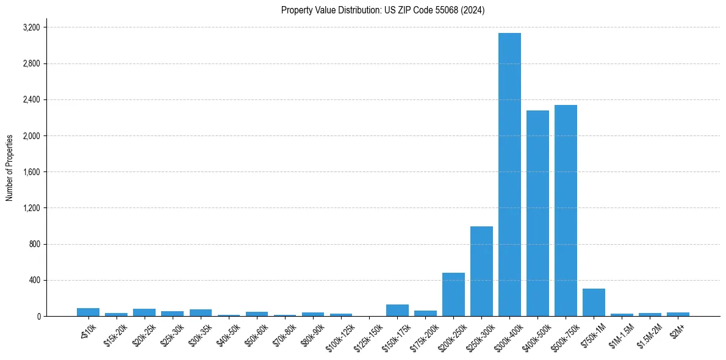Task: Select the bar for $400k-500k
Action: coord(537,213)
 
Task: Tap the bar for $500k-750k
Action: coord(566,211)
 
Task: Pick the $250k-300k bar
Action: coord(481,271)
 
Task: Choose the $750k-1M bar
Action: coord(594,302)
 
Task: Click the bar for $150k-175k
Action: coord(397,310)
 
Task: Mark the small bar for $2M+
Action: coord(678,314)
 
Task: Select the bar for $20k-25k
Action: coord(145,312)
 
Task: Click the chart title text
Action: coord(383,10)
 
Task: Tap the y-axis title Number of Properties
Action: coord(10,168)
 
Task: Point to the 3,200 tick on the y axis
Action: coord(31,27)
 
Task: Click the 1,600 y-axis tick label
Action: coord(31,172)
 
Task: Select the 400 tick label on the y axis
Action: coord(34,280)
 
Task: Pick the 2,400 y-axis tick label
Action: coord(31,99)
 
